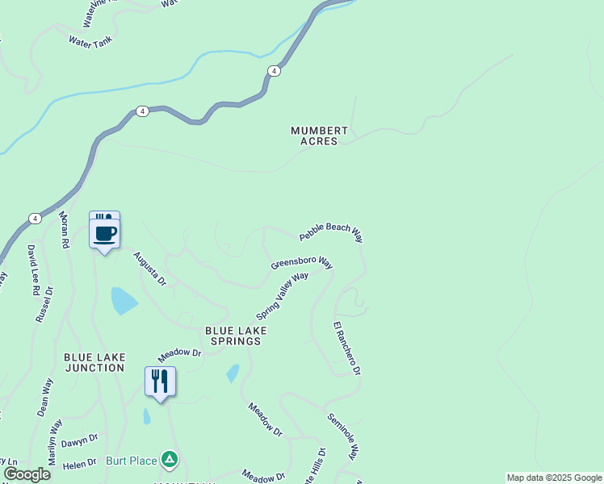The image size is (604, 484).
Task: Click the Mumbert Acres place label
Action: tap(320, 136)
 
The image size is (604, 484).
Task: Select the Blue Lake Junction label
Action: tap(94, 361)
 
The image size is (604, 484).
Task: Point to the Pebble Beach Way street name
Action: tap(331, 232)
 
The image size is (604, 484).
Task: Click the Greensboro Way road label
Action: tap(302, 263)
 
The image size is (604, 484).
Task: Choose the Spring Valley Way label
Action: tap(282, 295)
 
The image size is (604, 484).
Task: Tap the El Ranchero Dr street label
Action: tap(347, 348)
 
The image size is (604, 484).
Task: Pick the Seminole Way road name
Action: tap(342, 436)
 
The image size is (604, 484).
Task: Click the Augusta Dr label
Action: tap(149, 269)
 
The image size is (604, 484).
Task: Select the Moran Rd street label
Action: tap(64, 230)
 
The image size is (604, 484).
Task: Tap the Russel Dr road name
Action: tap(44, 304)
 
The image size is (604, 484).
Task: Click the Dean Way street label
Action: tap(44, 397)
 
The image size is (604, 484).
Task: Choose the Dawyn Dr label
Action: tap(79, 440)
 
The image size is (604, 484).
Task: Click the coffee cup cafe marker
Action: tap(105, 233)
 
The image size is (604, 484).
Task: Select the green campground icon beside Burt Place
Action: tap(169, 460)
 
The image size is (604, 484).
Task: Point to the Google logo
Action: tap(27, 474)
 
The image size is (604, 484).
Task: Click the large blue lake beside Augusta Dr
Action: tap(123, 300)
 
